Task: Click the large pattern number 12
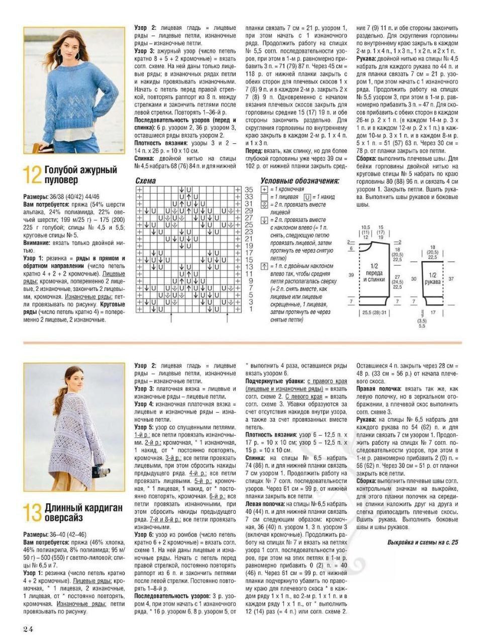32,176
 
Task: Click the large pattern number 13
32,513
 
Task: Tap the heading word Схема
146,181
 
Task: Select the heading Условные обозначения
300,181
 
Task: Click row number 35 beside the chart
248,190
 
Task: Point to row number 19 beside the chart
248,246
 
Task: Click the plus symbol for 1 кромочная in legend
264,190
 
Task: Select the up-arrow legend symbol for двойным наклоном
264,266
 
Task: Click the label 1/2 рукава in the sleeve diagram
433,278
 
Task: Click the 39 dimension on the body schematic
350,274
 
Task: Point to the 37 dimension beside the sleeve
451,278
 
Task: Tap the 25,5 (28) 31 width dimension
374,312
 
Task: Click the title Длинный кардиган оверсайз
83,513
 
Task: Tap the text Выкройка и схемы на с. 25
423,542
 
